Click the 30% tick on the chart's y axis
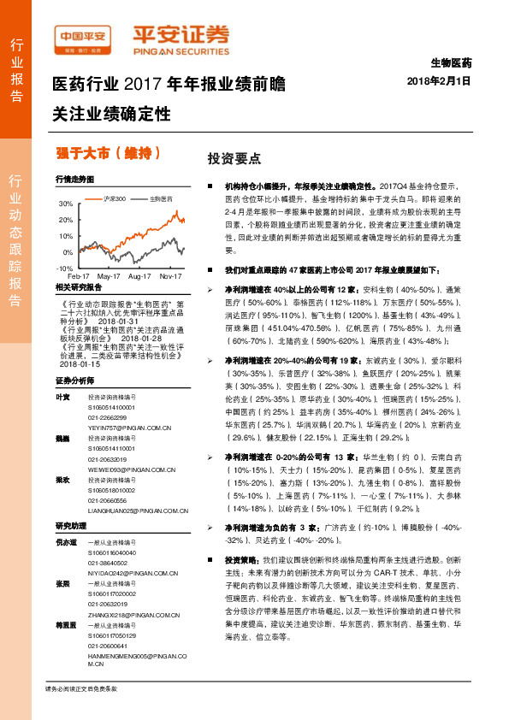(x=67, y=205)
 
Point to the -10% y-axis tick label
(x=64, y=269)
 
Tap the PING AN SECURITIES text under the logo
(x=181, y=51)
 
